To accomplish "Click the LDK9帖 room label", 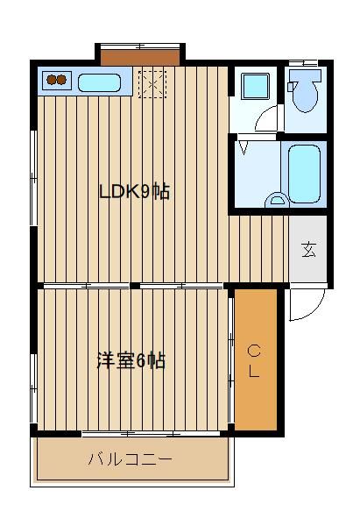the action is pos(135,192).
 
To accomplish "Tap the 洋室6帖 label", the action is pos(131,361).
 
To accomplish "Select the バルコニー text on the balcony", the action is pos(131,458).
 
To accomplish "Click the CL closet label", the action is pos(254,361).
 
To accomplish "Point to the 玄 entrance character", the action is pos(308,249).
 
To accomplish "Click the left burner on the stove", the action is pos(52,80).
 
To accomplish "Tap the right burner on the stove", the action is pos(61,80).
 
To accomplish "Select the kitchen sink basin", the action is pos(99,82).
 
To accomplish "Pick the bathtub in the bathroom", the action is pos(304,174).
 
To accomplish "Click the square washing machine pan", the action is pos(256,86).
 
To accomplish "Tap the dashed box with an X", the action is pos(152,84).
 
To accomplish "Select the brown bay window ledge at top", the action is pos(140,58).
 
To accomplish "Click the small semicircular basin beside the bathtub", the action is pos(277,199).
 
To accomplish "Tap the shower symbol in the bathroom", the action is pos(244,147).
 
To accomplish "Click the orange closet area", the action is pos(256,359).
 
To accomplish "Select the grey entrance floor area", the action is pos(308,249).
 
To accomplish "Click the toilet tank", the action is pos(305,75).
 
